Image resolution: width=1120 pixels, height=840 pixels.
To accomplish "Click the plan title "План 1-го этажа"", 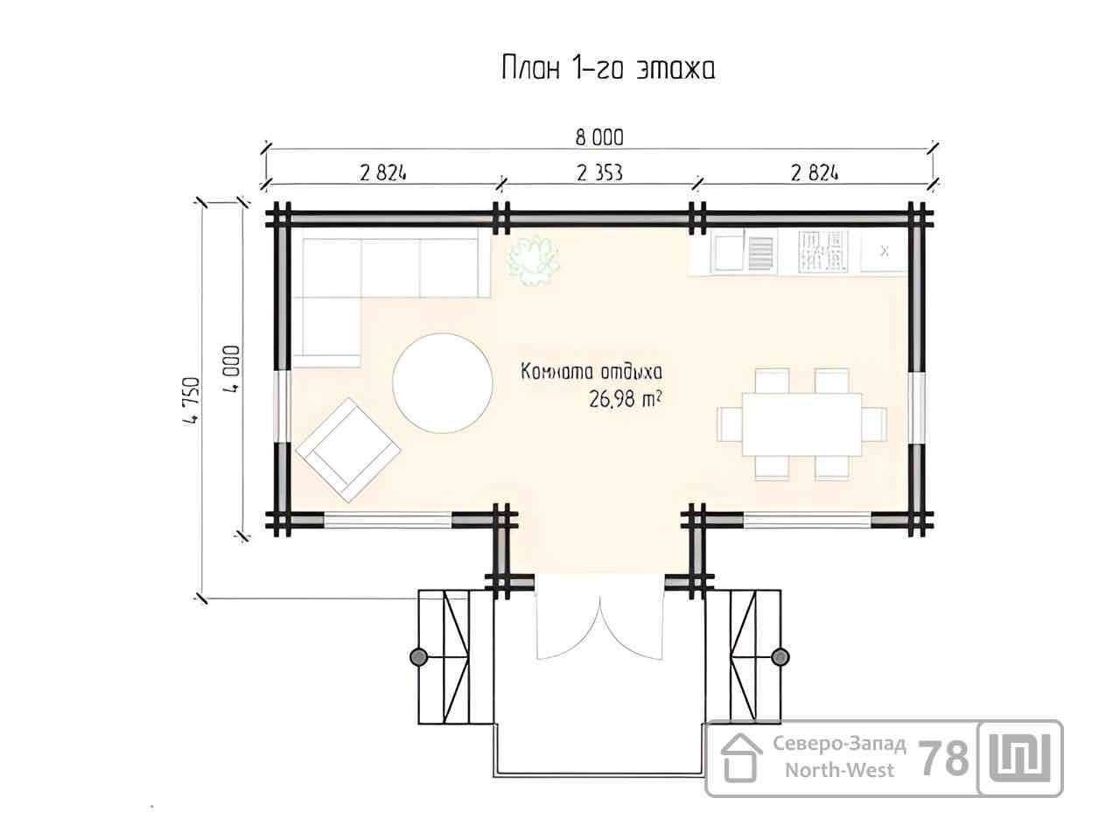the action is click(608, 68).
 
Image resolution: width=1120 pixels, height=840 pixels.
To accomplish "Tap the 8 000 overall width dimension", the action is click(599, 137).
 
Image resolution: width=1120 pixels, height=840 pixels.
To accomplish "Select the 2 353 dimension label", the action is click(599, 173).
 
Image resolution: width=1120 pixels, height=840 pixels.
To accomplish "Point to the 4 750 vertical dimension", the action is click(192, 401).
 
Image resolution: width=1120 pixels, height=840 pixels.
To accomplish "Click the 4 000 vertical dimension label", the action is click(231, 368).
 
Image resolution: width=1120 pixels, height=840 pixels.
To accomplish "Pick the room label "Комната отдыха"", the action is click(591, 372).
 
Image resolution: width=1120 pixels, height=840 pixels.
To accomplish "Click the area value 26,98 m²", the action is click(626, 399).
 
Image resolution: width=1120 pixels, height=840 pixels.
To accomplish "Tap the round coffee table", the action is click(443, 383).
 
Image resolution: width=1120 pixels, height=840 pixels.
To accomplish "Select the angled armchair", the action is click(348, 450).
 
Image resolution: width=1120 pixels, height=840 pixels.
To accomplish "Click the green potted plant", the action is click(534, 260).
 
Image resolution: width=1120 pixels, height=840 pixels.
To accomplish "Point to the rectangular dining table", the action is click(801, 424).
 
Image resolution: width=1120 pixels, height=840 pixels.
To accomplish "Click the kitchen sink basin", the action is click(728, 253).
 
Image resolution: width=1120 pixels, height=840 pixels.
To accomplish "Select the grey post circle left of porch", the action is click(418, 657).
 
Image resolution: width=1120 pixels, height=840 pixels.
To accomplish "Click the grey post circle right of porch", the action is click(780, 657).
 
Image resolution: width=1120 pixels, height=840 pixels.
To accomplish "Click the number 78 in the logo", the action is click(943, 759).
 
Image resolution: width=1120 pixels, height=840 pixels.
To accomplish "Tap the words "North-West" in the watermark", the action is click(839, 770).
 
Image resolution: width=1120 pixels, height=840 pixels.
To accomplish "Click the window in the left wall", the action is click(282, 407).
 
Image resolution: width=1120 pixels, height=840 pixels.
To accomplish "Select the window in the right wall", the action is click(916, 408).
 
